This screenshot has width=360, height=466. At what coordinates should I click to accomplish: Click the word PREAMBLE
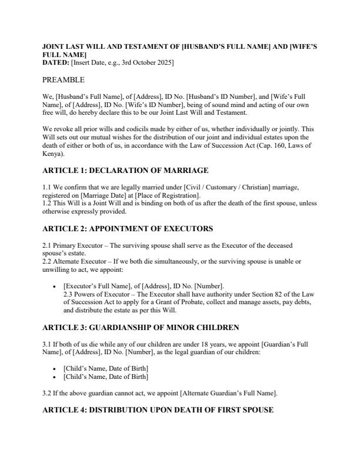[64, 79]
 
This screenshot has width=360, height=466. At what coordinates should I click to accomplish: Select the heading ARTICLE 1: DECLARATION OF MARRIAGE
[125, 171]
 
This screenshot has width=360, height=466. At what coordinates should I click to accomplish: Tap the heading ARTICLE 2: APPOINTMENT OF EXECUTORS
[128, 228]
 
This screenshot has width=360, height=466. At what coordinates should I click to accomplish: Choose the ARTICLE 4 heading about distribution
[158, 410]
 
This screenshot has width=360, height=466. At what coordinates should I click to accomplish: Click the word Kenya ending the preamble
[54, 154]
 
